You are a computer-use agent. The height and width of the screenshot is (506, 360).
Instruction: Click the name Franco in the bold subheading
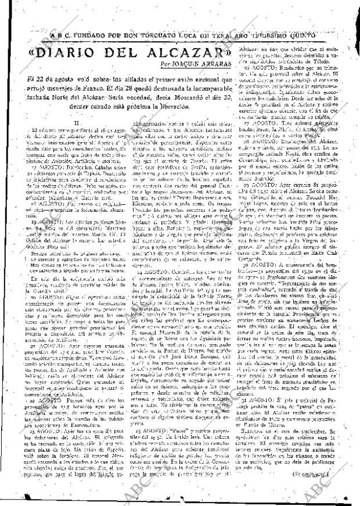click(96, 89)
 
